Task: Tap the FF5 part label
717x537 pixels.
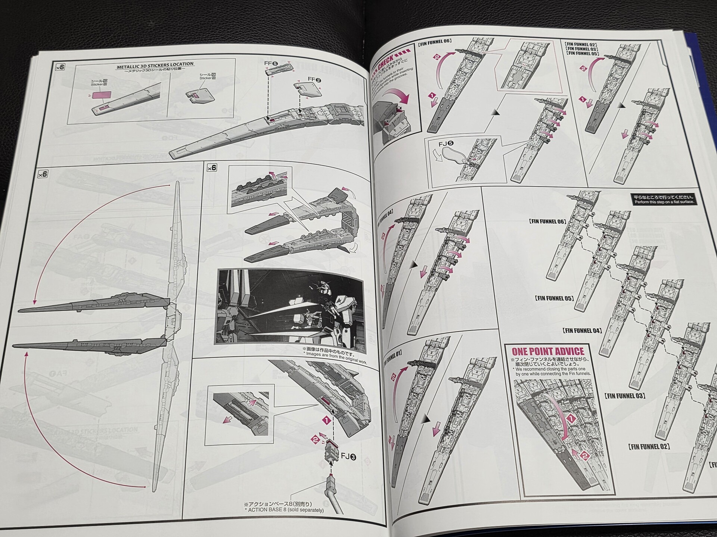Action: [x=271, y=63]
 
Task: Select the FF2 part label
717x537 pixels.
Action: [x=314, y=80]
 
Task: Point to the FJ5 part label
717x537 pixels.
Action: [x=446, y=143]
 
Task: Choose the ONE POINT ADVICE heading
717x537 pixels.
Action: [x=547, y=351]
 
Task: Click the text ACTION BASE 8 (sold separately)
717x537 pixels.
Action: [x=286, y=509]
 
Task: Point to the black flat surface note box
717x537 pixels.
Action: [x=663, y=200]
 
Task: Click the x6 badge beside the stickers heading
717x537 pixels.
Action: [x=60, y=67]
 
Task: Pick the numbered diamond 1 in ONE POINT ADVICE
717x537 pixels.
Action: [x=571, y=418]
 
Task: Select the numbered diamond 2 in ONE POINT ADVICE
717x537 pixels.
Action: [x=585, y=456]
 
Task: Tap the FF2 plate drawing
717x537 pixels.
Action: [x=309, y=89]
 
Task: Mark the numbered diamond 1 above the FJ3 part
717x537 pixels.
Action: [x=326, y=420]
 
